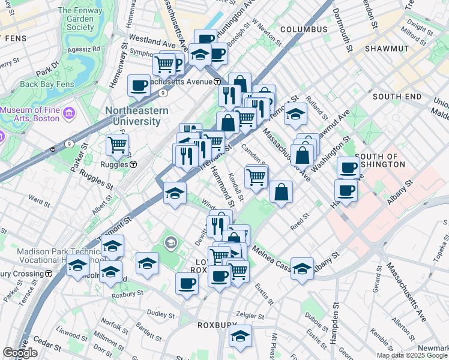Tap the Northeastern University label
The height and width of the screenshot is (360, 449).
point(133,116)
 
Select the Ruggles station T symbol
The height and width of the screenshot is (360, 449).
point(133,164)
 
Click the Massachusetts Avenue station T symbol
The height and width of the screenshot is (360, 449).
point(217,82)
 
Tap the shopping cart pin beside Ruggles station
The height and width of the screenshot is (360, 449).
point(117,144)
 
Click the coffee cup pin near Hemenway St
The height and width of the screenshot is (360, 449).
point(139,85)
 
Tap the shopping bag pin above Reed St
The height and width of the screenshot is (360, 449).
point(281,193)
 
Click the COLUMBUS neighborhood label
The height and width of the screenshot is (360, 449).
point(304,29)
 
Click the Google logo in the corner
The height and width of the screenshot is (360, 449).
point(20,353)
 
